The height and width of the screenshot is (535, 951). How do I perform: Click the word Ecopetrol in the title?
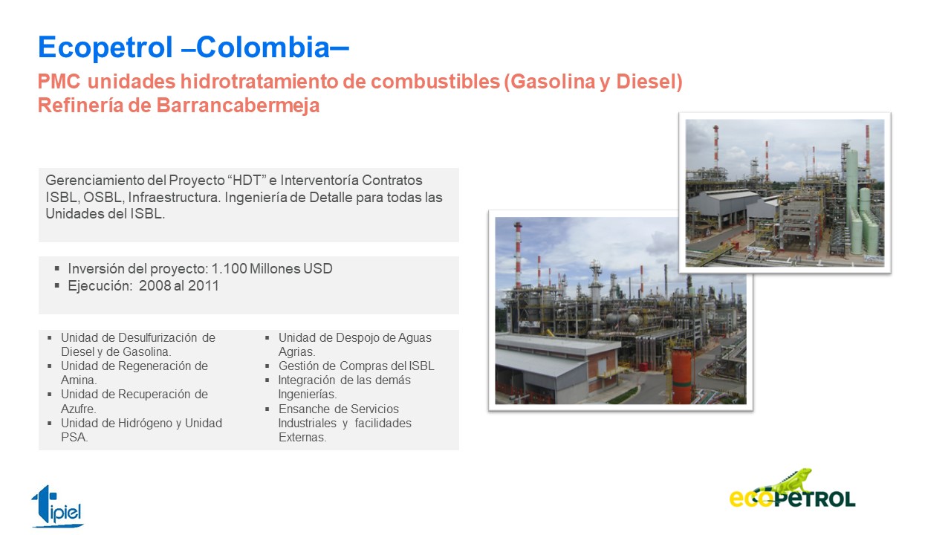(x=106, y=48)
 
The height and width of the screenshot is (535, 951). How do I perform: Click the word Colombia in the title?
(x=263, y=47)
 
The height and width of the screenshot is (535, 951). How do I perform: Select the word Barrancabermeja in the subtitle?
(x=238, y=106)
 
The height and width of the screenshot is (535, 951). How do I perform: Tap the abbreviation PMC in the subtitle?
(x=59, y=82)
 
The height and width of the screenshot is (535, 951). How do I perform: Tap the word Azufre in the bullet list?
(x=78, y=409)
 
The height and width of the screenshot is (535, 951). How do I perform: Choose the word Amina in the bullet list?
(x=79, y=380)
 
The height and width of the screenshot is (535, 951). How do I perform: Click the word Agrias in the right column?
(x=296, y=352)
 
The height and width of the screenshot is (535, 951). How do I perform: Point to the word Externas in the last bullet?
(x=302, y=438)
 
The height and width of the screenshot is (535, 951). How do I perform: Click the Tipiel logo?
(x=57, y=506)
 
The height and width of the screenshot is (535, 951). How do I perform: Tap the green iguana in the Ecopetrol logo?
(x=785, y=483)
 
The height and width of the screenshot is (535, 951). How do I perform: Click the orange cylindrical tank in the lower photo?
(x=682, y=376)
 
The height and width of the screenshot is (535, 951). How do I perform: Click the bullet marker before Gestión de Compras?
(x=267, y=366)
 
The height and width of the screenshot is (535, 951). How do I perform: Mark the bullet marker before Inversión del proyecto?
(x=57, y=268)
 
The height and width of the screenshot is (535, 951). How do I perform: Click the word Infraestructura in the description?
(x=174, y=198)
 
